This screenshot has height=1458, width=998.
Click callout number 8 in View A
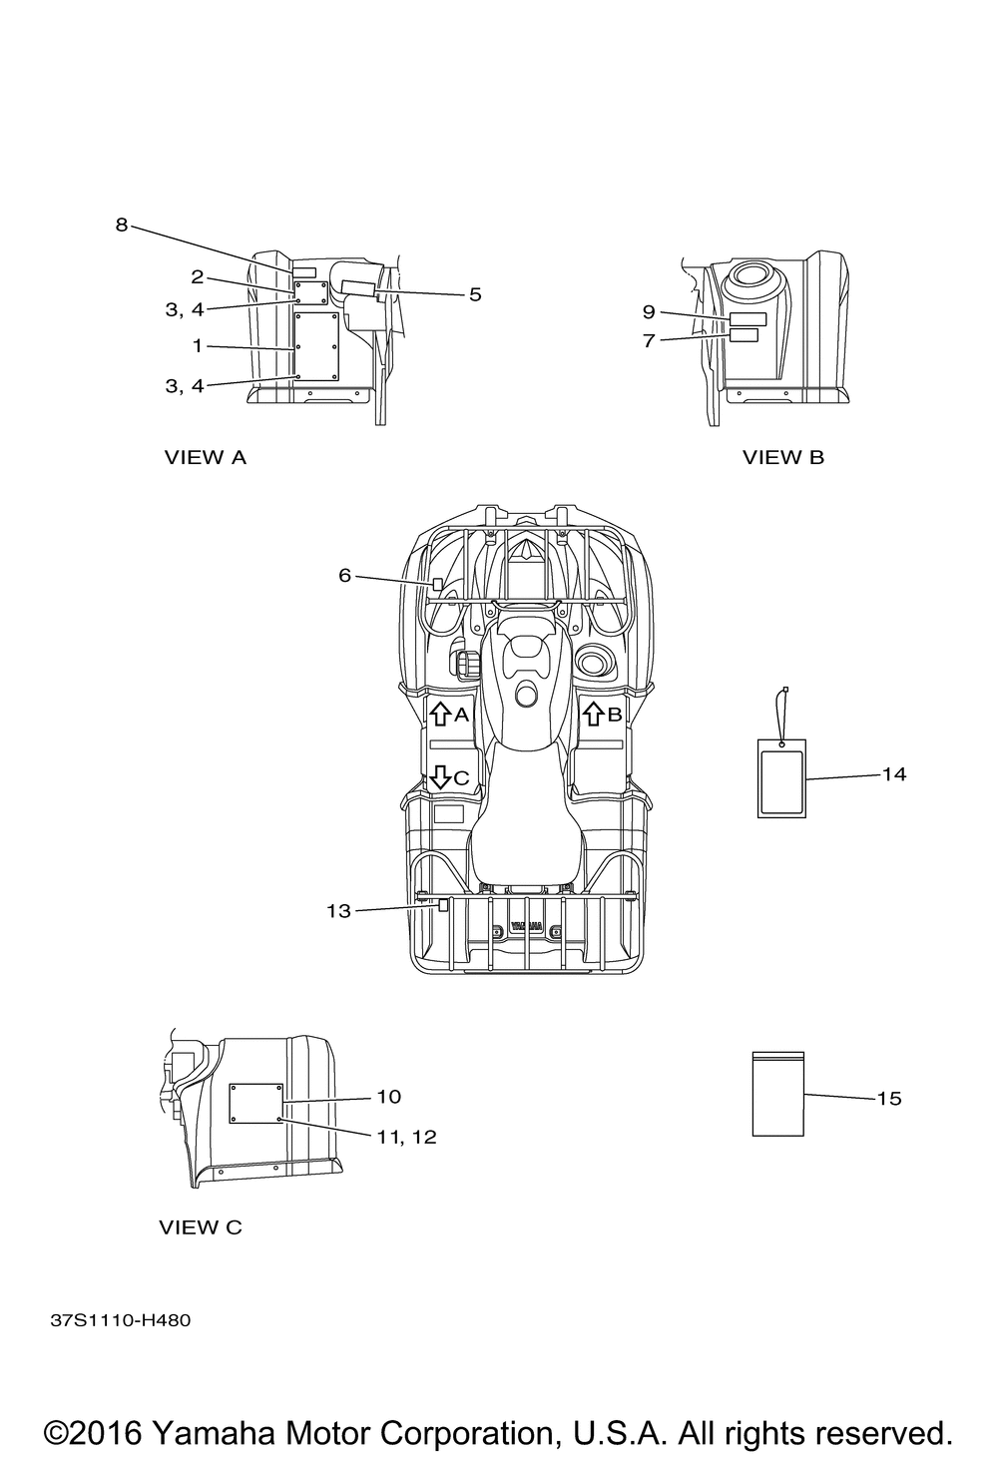point(121,225)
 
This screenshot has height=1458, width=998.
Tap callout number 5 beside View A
point(475,294)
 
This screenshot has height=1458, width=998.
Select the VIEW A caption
point(205,458)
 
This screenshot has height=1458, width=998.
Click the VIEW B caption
point(783,458)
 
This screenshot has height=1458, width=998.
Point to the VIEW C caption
point(201,1227)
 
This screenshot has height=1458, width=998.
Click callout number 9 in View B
point(649,311)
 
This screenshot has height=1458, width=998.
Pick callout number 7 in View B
point(649,340)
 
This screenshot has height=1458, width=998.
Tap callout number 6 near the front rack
point(345,576)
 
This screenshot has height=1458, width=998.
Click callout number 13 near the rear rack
point(338,911)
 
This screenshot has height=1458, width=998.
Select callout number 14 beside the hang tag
point(894,774)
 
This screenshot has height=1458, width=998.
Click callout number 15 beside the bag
point(889,1099)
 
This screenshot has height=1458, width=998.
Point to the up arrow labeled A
point(441,714)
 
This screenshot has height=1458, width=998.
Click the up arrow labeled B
point(593,714)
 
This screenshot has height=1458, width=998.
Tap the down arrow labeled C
point(441,777)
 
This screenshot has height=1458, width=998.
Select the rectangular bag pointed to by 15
point(778,1094)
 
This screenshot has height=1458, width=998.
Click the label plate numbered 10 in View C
point(255,1104)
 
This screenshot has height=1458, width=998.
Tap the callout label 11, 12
point(407,1137)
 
